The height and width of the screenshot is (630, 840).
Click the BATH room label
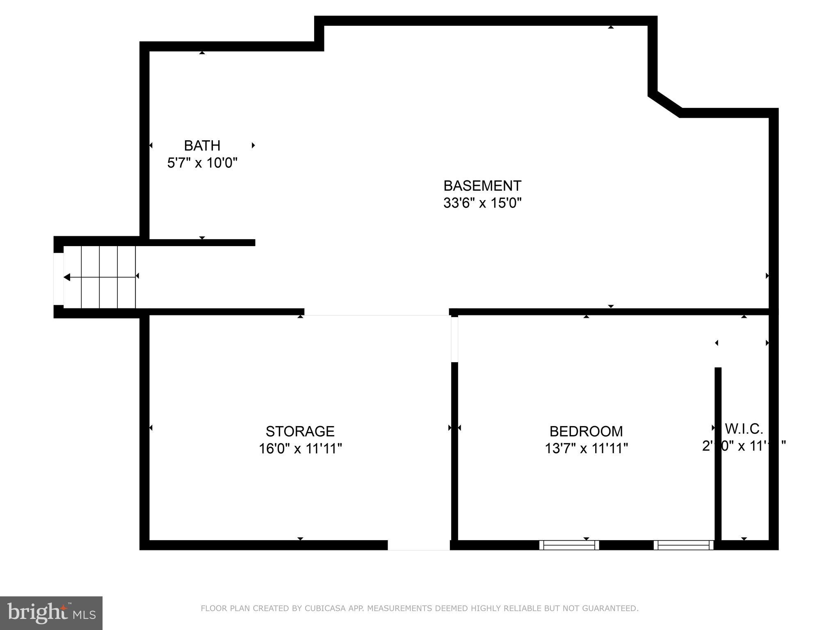pos(202,146)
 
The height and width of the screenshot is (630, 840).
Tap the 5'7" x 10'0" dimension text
pos(202,163)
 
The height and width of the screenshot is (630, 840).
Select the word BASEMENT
pos(482,186)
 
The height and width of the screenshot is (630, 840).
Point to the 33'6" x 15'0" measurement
pos(482,203)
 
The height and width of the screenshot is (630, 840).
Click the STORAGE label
pos(300,431)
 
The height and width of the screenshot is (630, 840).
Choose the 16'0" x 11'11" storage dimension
pos(300,449)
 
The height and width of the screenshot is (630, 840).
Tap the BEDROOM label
pos(586,431)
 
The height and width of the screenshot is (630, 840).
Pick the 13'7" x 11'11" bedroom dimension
pos(586,449)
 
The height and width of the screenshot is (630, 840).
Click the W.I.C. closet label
pos(744,429)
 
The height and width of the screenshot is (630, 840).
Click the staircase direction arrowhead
pos(66,278)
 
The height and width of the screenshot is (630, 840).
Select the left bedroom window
pos(568,545)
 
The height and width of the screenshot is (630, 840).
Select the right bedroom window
pos(683,545)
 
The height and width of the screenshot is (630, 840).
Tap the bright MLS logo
pos(51,613)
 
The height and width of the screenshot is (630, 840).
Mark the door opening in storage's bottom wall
pos(418,545)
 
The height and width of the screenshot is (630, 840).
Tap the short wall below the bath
pos(201,243)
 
